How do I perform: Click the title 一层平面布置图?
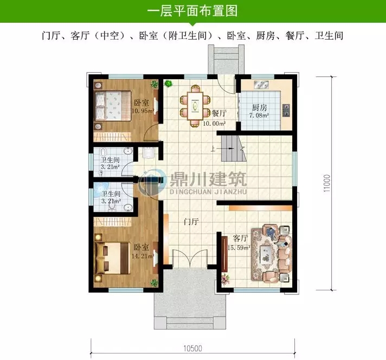pos(192,11)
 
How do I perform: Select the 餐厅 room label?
pos(219,113)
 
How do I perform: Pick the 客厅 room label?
pos(241,238)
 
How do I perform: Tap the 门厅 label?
pos(190,221)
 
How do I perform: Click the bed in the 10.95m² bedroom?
pos(111,106)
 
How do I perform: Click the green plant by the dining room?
pos(168,83)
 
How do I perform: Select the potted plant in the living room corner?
pos(223,281)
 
